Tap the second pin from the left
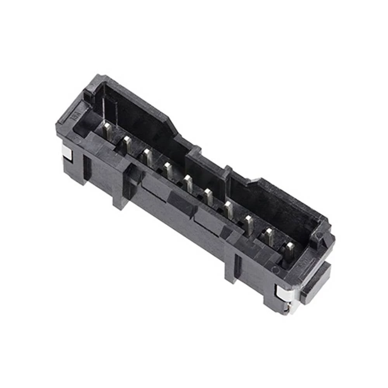127,144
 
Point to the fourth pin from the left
168,170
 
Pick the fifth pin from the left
189,183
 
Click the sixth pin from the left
209,196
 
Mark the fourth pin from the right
229,210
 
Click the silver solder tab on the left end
67,153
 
